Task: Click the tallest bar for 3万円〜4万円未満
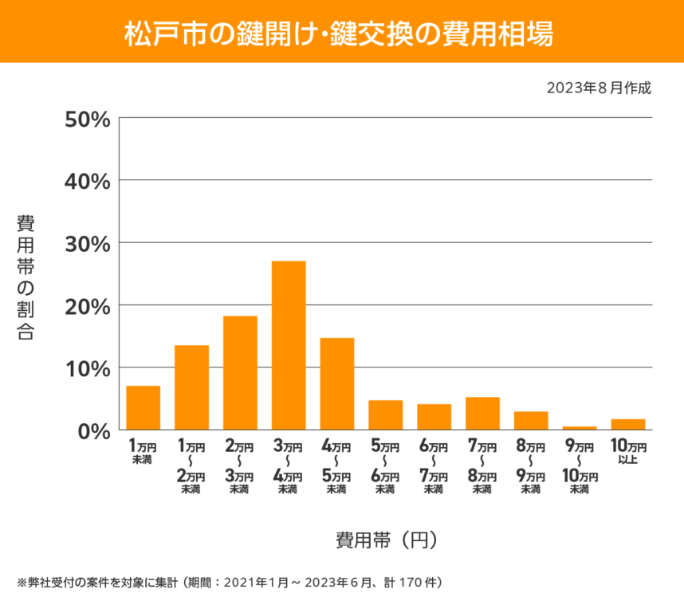click(289, 345)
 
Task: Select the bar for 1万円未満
click(143, 408)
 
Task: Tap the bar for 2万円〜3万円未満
click(240, 373)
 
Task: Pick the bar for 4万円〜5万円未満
click(337, 384)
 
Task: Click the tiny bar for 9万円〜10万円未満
click(580, 428)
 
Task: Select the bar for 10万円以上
click(628, 425)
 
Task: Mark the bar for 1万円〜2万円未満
click(191, 387)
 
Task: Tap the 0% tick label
click(92, 430)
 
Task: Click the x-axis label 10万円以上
click(628, 453)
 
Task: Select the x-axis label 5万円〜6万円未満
click(386, 468)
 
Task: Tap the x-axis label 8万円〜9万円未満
click(531, 468)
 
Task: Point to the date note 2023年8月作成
click(599, 88)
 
